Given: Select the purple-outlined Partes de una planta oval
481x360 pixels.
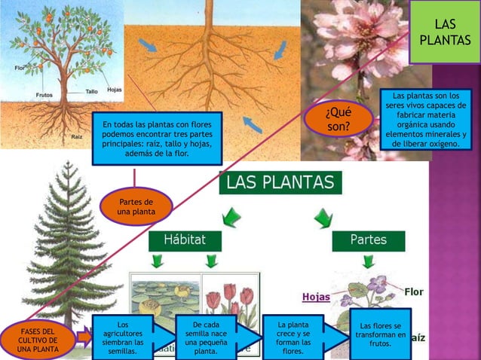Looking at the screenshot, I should [x=136, y=207].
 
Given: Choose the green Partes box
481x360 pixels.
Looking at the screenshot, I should [x=368, y=240].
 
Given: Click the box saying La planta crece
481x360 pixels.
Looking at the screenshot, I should [x=293, y=338].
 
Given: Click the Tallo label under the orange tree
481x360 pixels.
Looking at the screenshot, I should [x=92, y=92].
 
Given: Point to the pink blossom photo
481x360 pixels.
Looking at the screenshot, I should [x=354, y=45].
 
